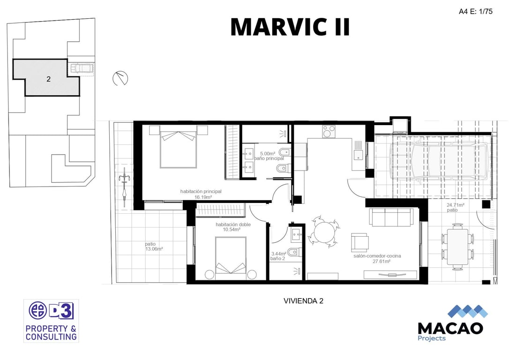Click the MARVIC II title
point(290,27)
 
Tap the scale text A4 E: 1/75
point(475,11)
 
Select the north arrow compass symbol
point(120,78)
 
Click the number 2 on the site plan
point(48,79)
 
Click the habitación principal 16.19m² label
point(201,194)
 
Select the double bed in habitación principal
point(178,147)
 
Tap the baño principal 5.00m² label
point(269,156)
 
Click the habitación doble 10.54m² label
point(233,227)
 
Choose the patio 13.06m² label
point(154,247)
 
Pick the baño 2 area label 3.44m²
point(278,256)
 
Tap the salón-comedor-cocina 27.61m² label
point(377,258)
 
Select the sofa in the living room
point(391,217)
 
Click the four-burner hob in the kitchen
point(329,131)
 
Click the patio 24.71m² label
point(455,208)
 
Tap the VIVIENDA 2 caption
point(304,301)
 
